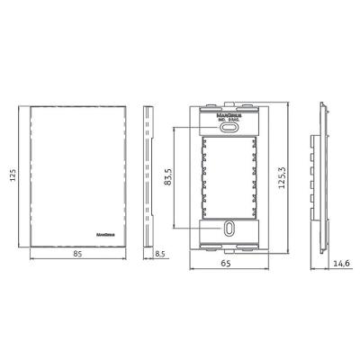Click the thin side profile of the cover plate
(x=148, y=178)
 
